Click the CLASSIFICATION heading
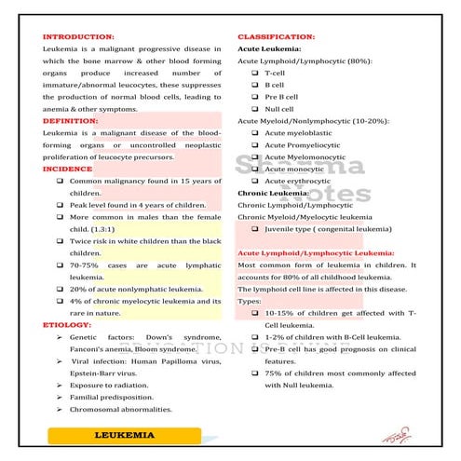tap(276, 37)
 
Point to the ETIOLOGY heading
tap(66, 324)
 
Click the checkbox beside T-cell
tap(255, 73)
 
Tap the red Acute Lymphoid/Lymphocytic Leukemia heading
tap(317, 253)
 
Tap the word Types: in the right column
tap(250, 301)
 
